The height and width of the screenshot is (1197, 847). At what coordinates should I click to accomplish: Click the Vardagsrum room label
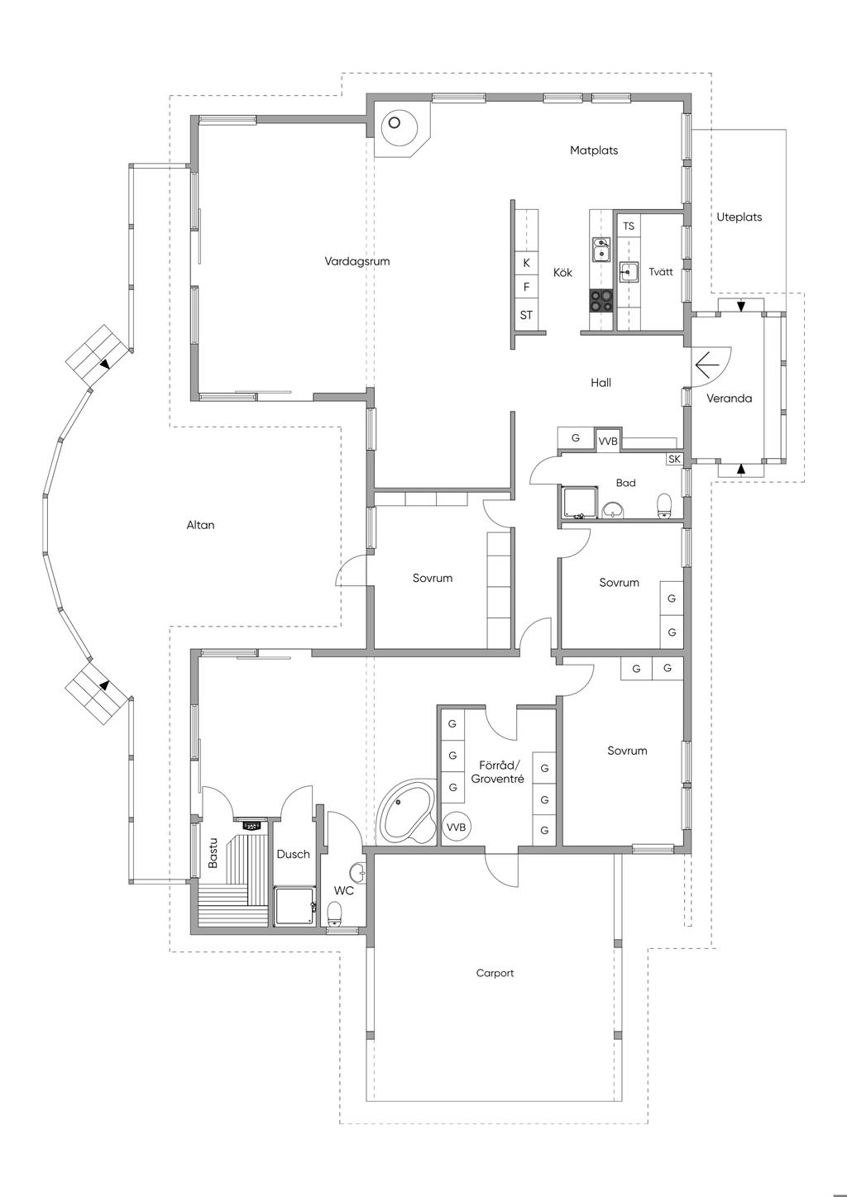357,261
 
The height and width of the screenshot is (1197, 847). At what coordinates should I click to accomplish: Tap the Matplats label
594,150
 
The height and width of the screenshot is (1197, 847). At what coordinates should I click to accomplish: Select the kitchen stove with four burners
601,300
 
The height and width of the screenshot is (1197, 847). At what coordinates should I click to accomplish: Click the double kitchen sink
601,250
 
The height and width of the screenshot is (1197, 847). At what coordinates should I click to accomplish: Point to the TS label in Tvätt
629,226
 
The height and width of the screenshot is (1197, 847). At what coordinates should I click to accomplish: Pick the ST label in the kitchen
526,315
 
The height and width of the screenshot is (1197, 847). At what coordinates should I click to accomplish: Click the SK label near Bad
674,459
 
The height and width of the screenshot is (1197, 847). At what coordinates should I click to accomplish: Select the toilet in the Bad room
663,505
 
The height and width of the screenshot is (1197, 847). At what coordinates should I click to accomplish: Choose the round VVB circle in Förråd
456,827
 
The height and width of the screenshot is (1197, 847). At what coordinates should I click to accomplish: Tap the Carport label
495,973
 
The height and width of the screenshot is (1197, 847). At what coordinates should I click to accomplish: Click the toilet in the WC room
335,913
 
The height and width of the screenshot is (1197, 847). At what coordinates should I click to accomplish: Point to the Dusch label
293,854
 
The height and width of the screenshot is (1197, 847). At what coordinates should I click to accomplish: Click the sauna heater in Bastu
251,824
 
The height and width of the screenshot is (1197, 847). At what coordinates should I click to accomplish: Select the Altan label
200,525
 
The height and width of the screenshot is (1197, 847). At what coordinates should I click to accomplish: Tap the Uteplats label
739,217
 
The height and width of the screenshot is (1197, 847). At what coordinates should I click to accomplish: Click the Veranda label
729,398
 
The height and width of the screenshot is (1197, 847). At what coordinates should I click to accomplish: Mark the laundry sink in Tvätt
629,273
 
